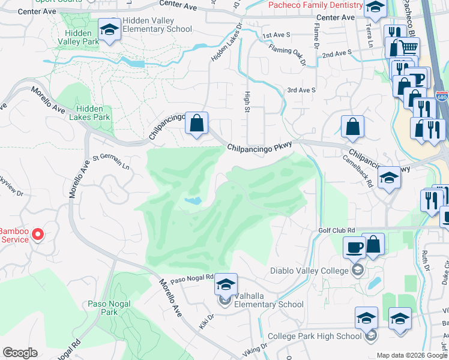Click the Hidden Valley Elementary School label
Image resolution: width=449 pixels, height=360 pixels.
tap(157, 25)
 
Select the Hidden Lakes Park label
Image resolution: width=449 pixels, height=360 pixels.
tap(89, 113)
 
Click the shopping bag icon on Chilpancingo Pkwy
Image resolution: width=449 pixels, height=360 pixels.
tap(196, 124)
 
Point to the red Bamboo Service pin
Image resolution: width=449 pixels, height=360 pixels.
tap(38, 233)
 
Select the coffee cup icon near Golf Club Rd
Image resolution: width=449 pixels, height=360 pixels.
tap(354, 246)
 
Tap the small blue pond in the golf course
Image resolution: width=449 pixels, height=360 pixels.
tap(193, 202)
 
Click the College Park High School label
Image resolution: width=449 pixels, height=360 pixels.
tap(314, 337)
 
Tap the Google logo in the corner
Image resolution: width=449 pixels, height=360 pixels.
tap(20, 353)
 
